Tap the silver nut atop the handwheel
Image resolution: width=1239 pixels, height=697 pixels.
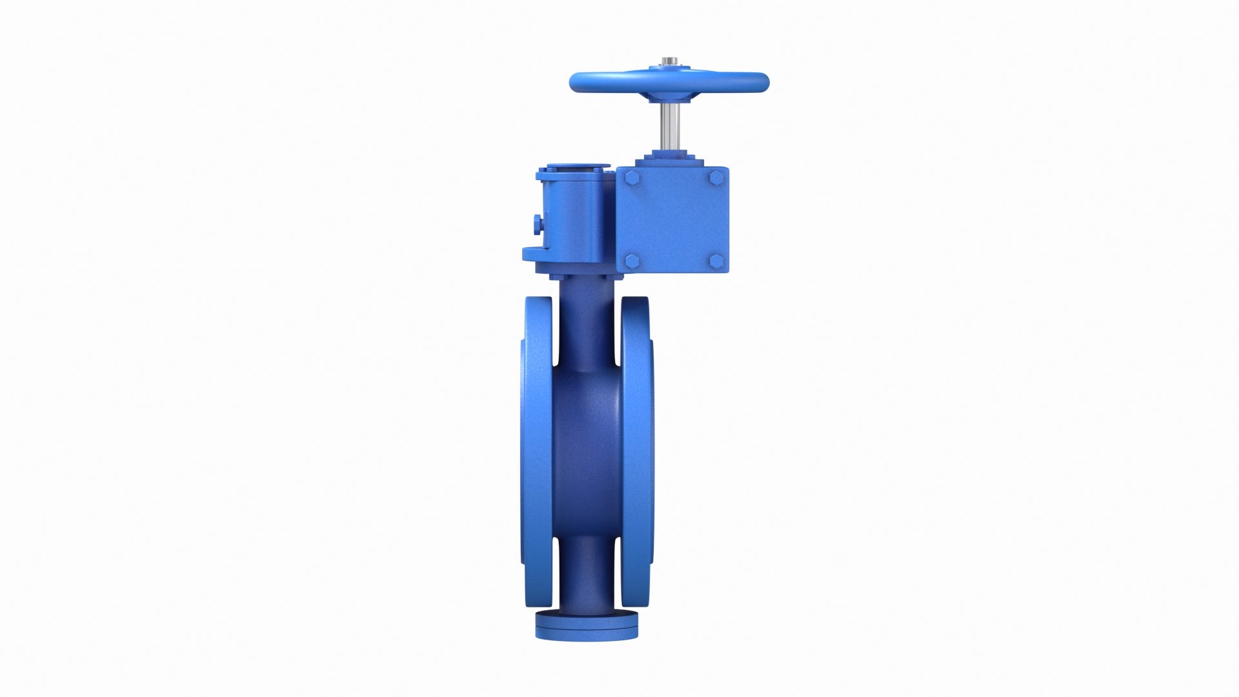669,62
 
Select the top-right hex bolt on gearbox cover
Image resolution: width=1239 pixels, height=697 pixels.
716,177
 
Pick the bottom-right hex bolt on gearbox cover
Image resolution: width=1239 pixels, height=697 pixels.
716,260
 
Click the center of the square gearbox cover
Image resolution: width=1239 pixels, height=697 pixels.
673,219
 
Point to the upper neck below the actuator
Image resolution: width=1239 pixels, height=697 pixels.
586,323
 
